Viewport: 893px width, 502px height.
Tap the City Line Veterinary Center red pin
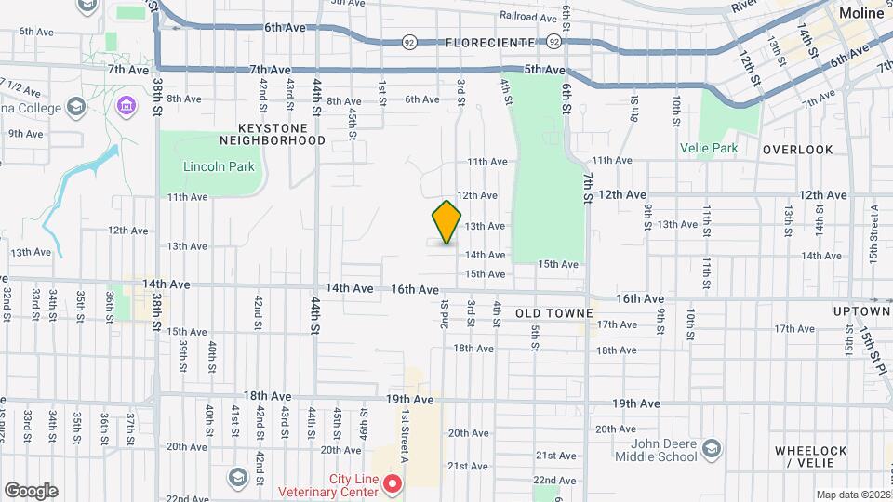pos(393,483)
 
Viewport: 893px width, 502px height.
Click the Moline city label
pos(861,13)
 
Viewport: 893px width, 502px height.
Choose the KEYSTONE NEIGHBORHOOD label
pos(273,133)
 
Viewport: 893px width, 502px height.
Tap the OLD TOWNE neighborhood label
pos(548,314)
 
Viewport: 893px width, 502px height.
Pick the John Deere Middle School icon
pos(712,448)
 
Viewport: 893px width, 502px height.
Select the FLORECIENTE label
pos(490,43)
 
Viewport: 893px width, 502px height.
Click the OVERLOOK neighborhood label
pos(798,150)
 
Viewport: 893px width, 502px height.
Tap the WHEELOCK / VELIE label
pos(811,456)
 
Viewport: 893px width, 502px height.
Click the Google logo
pos(31,491)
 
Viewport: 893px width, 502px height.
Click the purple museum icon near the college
pos(124,109)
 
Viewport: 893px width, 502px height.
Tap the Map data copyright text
pos(853,495)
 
